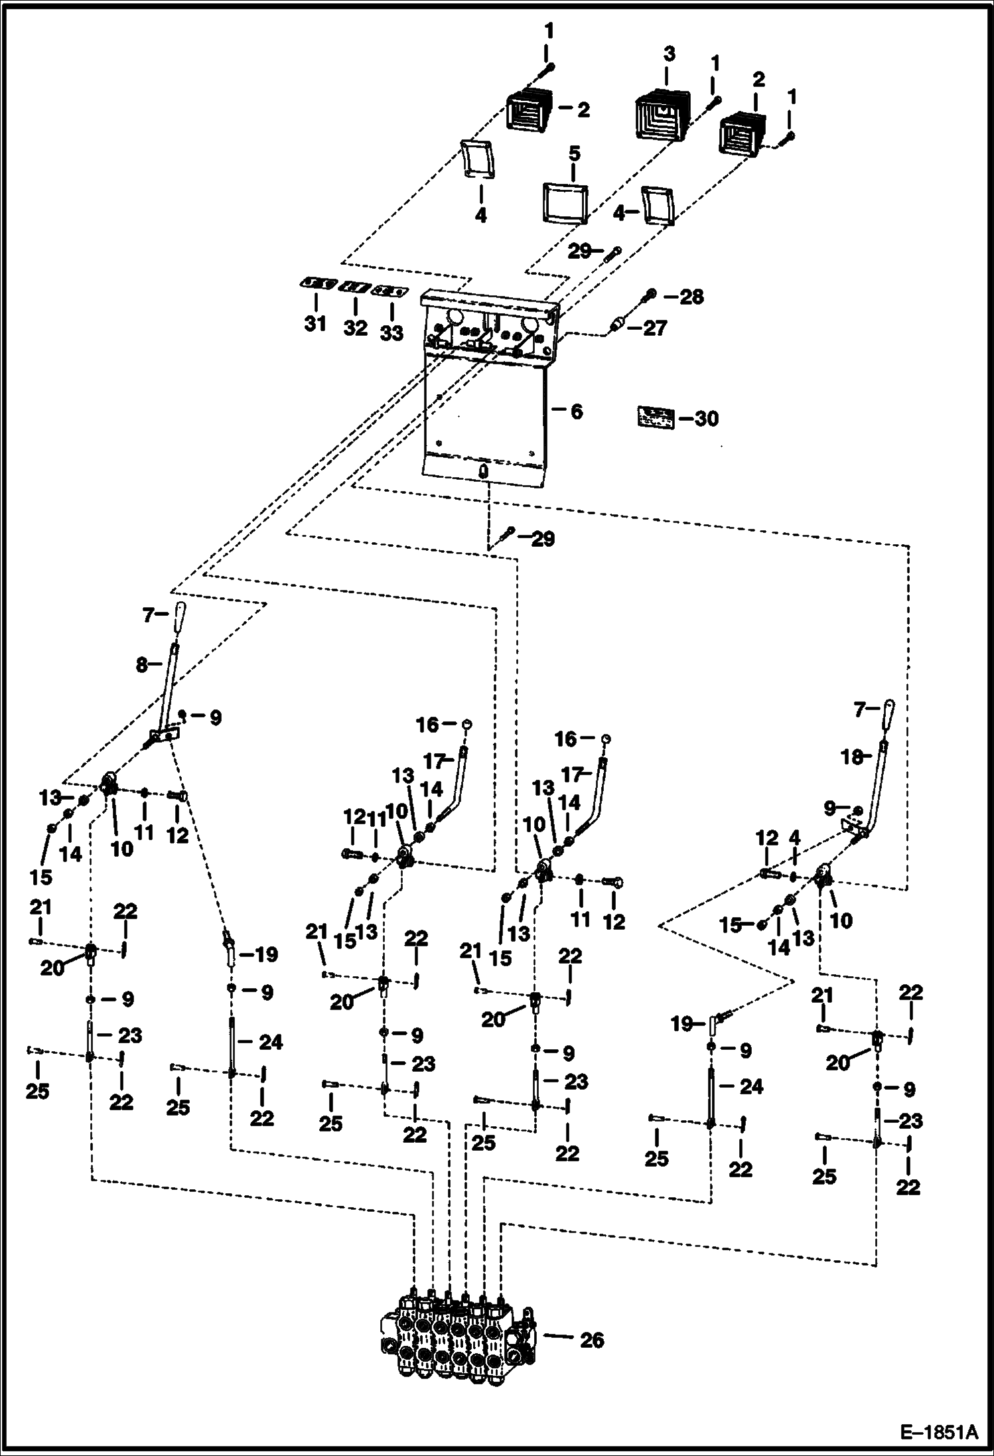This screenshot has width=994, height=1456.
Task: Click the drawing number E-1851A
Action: click(x=938, y=1431)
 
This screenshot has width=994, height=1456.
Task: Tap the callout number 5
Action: click(x=574, y=153)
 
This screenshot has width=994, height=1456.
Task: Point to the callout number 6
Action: click(x=577, y=411)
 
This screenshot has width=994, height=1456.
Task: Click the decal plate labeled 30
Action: click(x=656, y=417)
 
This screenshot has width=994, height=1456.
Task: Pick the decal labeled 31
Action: click(x=316, y=284)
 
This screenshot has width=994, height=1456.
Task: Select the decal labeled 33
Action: click(x=390, y=291)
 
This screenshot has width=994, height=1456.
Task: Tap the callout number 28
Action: click(x=691, y=297)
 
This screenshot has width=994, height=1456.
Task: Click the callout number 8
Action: click(x=141, y=664)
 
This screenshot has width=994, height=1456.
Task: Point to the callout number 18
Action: click(x=851, y=757)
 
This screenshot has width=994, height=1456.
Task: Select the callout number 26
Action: click(x=592, y=1340)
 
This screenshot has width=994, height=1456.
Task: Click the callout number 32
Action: click(x=355, y=327)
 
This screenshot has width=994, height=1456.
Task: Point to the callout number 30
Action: click(x=707, y=419)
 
